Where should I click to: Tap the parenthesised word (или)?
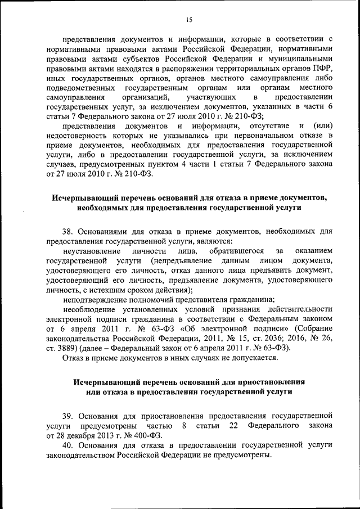tap(323, 125)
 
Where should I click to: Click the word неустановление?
tap(92, 251)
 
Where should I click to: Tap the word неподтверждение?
tap(94, 300)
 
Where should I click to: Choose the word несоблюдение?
tap(89, 310)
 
